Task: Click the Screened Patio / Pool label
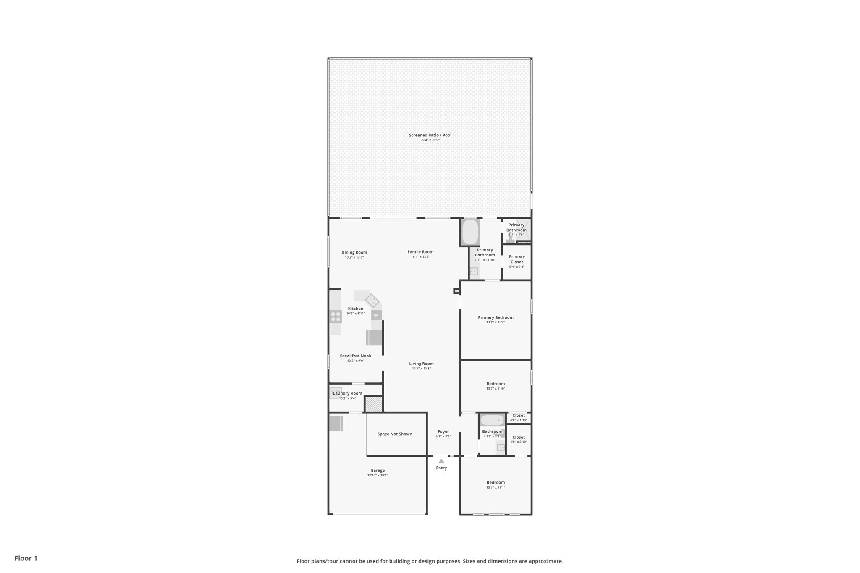point(430,135)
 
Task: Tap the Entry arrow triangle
point(441,461)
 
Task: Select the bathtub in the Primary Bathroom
point(470,232)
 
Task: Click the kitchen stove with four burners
point(336,317)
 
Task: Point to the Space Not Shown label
point(395,434)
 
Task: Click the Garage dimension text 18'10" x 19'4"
point(378,476)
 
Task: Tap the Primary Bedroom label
point(496,317)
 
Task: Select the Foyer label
point(443,432)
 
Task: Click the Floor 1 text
point(26,558)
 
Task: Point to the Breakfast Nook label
point(356,356)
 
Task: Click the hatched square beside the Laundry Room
point(373,404)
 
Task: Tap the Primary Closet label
point(517,259)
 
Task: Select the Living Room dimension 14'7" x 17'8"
point(421,369)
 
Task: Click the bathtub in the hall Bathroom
point(492,420)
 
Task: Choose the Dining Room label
point(354,253)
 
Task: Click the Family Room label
point(420,252)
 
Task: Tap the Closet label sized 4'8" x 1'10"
point(519,416)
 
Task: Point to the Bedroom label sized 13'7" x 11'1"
point(496,483)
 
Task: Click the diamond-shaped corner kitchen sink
point(372,301)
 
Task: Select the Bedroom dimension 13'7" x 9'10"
point(496,389)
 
